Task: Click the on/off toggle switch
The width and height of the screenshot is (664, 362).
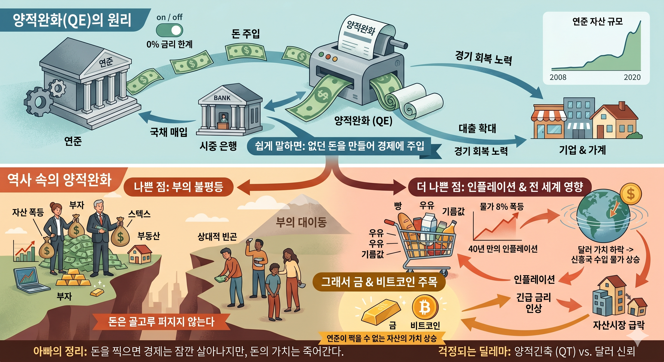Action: pos(169,30)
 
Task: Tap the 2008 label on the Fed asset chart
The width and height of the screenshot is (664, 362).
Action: pos(558,77)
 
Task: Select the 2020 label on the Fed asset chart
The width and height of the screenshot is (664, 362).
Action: pos(632,77)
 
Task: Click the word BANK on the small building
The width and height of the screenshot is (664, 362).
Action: pos(222,98)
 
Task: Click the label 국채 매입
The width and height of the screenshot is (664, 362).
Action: pos(169,132)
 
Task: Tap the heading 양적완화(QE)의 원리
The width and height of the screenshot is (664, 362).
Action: pos(72,20)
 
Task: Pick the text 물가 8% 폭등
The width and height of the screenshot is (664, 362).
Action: pos(502,206)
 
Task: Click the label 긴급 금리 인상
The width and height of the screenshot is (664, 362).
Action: pos(533,303)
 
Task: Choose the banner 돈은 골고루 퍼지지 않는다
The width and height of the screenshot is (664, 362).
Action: pos(161,322)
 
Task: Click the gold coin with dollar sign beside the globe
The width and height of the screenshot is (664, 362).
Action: pos(631,194)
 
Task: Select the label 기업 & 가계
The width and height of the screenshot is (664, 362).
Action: pos(582,150)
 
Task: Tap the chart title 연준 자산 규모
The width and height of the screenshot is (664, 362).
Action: pos(598,21)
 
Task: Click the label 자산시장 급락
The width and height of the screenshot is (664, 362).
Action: pos(618,325)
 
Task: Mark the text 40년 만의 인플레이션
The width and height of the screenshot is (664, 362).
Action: pos(503,249)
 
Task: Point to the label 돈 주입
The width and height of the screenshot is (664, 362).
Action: pos(245,34)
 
